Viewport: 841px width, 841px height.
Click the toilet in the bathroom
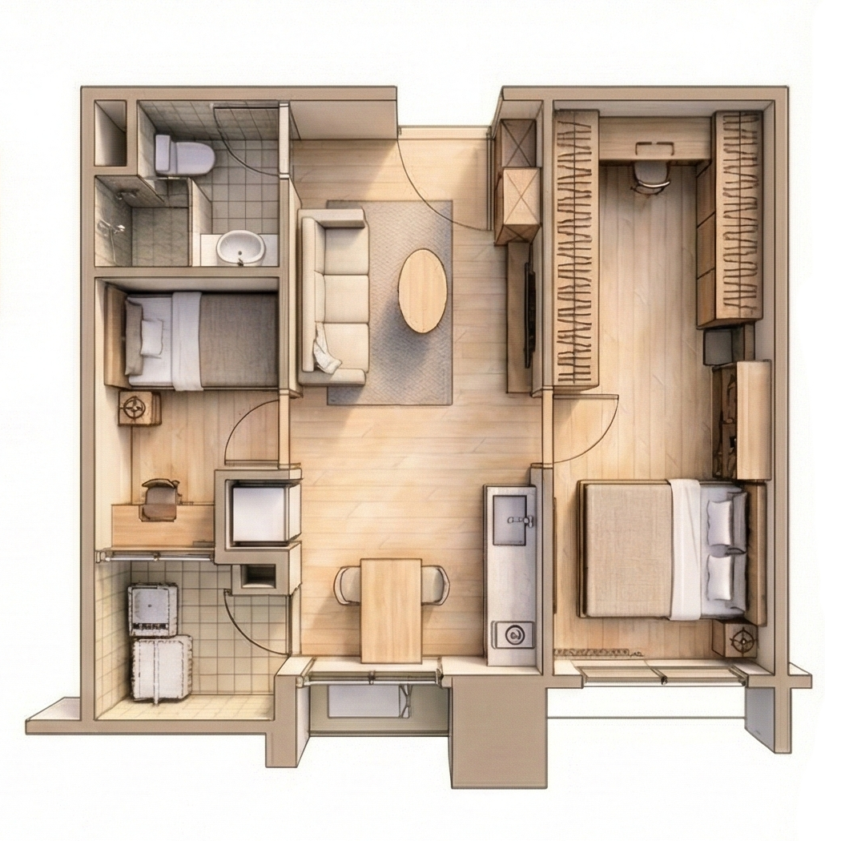185,155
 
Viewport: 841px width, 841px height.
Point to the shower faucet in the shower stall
118,227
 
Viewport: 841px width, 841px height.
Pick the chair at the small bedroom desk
160,500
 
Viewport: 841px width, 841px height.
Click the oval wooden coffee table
422,290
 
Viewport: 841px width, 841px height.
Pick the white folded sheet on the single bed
187,340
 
